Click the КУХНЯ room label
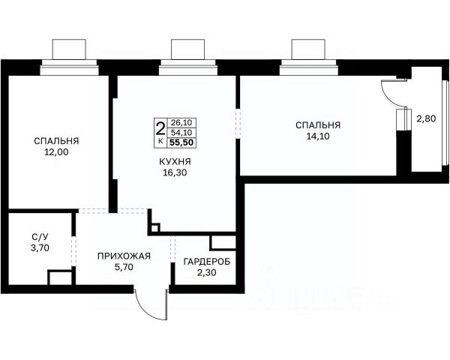coord(175,162)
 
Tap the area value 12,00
coord(56,152)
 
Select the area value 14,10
coord(318,136)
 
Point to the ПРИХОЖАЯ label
coord(124,256)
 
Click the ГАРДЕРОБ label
coord(207,262)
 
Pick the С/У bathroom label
coord(40,237)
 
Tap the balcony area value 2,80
coord(426,118)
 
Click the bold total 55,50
coord(181,142)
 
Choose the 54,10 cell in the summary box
coord(181,132)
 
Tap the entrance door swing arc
coord(145,310)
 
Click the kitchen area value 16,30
coord(175,172)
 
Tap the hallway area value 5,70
coord(124,267)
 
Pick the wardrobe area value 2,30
coord(207,272)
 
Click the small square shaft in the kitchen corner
coord(154,228)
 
